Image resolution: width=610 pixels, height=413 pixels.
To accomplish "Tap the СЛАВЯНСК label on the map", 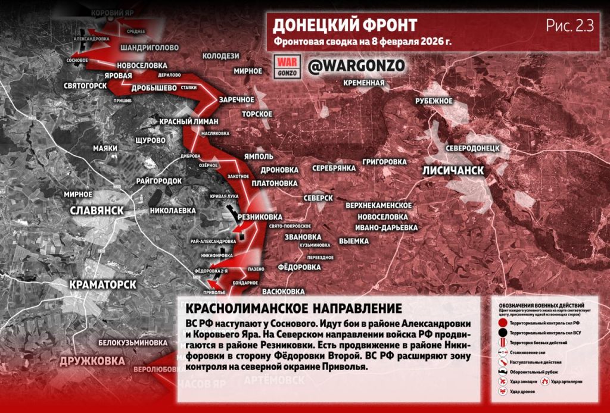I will (x=97, y=211).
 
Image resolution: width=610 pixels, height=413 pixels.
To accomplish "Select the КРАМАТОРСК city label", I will (x=102, y=284).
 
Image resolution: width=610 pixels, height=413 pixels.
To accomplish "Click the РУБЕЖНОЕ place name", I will (x=434, y=101).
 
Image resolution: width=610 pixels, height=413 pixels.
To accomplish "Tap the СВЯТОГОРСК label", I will (x=85, y=86).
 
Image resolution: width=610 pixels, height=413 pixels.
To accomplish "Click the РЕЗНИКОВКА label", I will (x=260, y=217).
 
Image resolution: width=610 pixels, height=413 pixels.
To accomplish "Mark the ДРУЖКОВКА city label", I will (x=92, y=361).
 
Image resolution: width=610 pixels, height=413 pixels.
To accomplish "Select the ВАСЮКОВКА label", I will (x=284, y=292).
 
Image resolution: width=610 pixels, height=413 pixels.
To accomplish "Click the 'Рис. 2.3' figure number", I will (x=569, y=26).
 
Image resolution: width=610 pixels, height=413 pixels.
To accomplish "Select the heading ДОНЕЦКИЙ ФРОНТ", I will (x=344, y=25).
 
